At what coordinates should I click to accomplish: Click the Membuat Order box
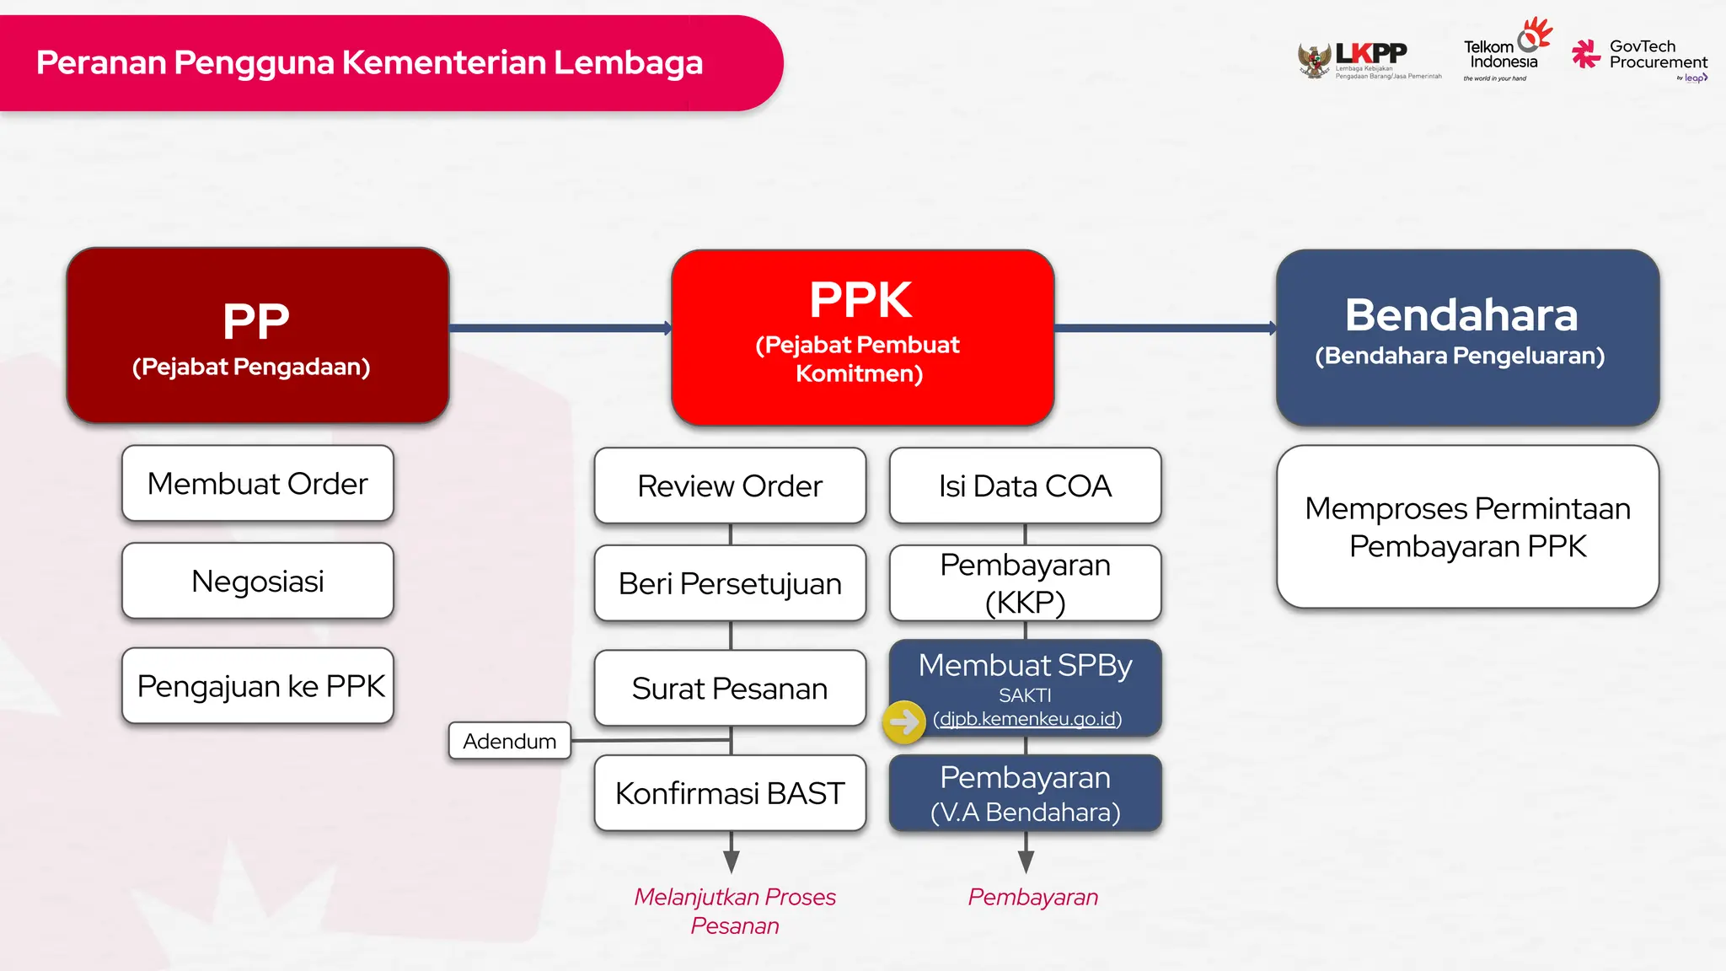point(258,484)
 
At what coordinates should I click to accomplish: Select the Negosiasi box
point(258,582)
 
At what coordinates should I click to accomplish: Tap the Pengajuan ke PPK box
point(258,686)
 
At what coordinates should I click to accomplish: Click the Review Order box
point(730,486)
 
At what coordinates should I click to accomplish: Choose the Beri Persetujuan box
point(730,583)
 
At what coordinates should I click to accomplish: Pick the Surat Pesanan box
point(730,689)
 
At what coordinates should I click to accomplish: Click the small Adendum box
point(510,741)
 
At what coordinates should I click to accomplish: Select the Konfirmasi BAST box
point(730,793)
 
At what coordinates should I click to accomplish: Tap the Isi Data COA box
point(1025,486)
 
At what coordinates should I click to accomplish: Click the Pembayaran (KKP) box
point(1025,583)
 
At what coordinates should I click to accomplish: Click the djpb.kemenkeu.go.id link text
point(1027,719)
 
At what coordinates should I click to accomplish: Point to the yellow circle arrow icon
point(904,722)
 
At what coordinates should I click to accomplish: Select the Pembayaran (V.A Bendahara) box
point(1025,793)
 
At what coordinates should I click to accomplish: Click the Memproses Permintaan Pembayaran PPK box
point(1467,527)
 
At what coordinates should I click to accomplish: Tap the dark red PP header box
point(258,335)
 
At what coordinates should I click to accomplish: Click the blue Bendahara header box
point(1467,337)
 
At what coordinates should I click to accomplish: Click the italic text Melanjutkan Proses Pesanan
point(734,911)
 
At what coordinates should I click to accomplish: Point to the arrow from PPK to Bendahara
point(1165,328)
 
